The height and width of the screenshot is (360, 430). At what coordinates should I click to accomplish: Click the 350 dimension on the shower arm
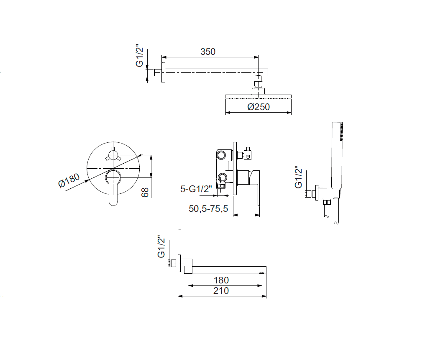208,51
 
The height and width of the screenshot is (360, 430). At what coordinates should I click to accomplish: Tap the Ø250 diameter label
259,106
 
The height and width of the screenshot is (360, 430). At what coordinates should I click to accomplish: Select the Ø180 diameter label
69,180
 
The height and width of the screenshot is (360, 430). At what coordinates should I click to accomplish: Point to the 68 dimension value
145,192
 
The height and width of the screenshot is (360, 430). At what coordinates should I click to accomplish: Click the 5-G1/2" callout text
196,189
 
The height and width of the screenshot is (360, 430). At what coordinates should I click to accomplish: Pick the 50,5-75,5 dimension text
208,208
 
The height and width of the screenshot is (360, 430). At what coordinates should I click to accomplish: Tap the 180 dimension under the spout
221,280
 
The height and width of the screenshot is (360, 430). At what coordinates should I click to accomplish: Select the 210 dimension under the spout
221,291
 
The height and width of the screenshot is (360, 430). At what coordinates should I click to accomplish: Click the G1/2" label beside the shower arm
140,56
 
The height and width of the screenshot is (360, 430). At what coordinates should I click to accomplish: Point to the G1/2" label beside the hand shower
298,177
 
